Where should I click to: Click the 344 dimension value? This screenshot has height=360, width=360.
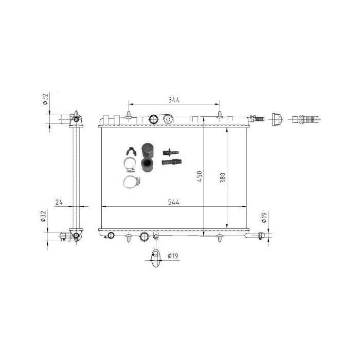(x=174, y=100)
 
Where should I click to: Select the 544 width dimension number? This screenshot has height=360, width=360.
(x=174, y=202)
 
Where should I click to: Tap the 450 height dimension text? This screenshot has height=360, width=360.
(x=200, y=176)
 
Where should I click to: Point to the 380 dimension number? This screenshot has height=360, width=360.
(x=223, y=178)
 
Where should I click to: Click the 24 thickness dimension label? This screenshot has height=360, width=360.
(x=59, y=202)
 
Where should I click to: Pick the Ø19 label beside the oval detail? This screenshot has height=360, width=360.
(x=173, y=256)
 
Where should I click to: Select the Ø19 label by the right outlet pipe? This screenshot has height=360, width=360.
(x=264, y=218)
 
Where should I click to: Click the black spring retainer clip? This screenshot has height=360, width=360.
(x=131, y=151)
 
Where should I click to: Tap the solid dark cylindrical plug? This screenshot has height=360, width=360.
(x=148, y=150)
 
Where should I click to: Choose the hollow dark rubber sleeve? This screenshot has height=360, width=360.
(x=147, y=165)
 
